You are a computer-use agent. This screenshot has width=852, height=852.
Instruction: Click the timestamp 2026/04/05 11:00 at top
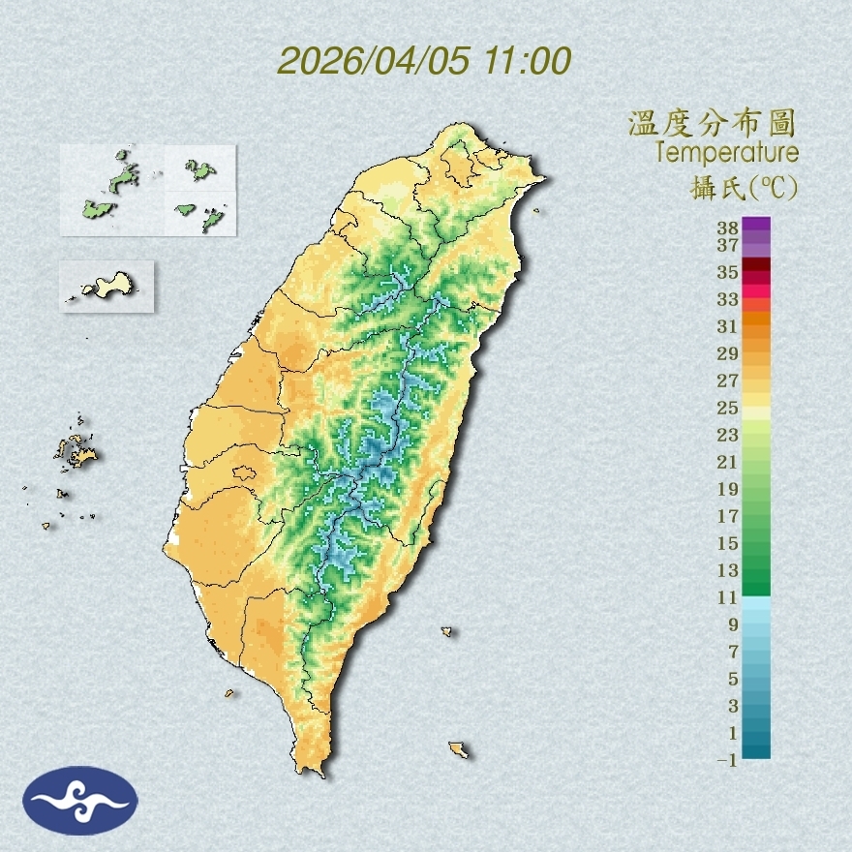[424, 61]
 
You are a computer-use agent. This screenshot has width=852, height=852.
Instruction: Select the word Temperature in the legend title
[726, 153]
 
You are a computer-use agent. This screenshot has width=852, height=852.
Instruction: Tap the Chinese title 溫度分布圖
[713, 123]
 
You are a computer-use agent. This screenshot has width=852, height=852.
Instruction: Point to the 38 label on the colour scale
[728, 228]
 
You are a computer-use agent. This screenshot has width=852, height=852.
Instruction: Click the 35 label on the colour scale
[728, 272]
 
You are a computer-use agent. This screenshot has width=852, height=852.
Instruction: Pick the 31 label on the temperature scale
[728, 326]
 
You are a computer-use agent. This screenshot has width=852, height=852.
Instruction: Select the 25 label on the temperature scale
[728, 408]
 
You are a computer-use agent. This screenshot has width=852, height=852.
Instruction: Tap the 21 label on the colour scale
[728, 462]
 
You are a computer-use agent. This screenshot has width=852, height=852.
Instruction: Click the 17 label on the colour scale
[728, 516]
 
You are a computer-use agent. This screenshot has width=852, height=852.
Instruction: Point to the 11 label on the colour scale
[728, 597]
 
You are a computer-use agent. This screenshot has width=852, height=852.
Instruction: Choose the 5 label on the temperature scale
[733, 679]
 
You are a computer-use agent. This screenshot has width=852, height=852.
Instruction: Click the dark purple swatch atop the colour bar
[756, 225]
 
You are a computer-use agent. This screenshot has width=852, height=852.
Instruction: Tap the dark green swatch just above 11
[756, 588]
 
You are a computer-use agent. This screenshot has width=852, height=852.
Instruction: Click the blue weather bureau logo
[80, 800]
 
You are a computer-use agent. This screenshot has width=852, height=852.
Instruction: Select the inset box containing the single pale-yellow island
[106, 286]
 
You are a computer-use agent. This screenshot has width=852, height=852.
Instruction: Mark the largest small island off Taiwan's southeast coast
[459, 749]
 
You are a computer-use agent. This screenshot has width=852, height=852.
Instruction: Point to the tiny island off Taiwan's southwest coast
[230, 692]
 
